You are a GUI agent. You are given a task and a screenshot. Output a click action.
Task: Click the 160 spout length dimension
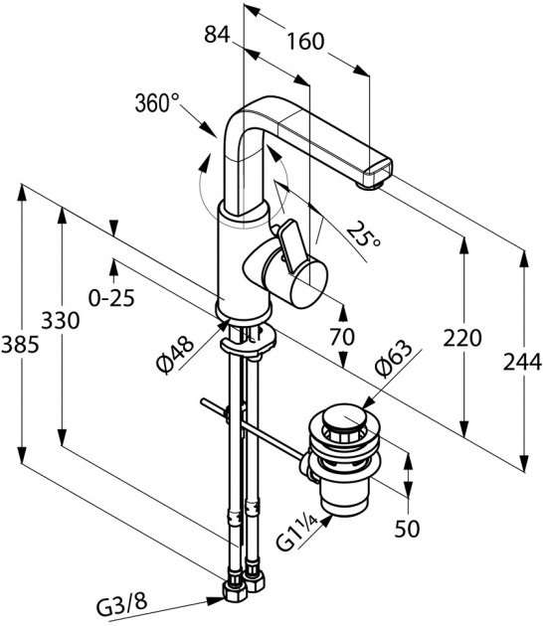click(x=305, y=41)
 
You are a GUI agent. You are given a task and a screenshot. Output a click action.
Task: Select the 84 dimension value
click(x=217, y=35)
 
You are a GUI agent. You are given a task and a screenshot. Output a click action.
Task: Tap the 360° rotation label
click(x=157, y=103)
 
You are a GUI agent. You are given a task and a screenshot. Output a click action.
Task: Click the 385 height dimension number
click(x=20, y=344)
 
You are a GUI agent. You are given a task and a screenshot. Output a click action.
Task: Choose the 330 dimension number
click(x=61, y=320)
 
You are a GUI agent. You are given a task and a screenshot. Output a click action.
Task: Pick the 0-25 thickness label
click(x=111, y=297)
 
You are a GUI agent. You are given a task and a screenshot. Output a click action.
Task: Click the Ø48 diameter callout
click(x=175, y=355)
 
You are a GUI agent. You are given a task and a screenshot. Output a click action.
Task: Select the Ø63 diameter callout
click(x=393, y=359)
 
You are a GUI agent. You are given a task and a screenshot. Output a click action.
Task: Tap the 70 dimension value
click(x=342, y=337)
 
